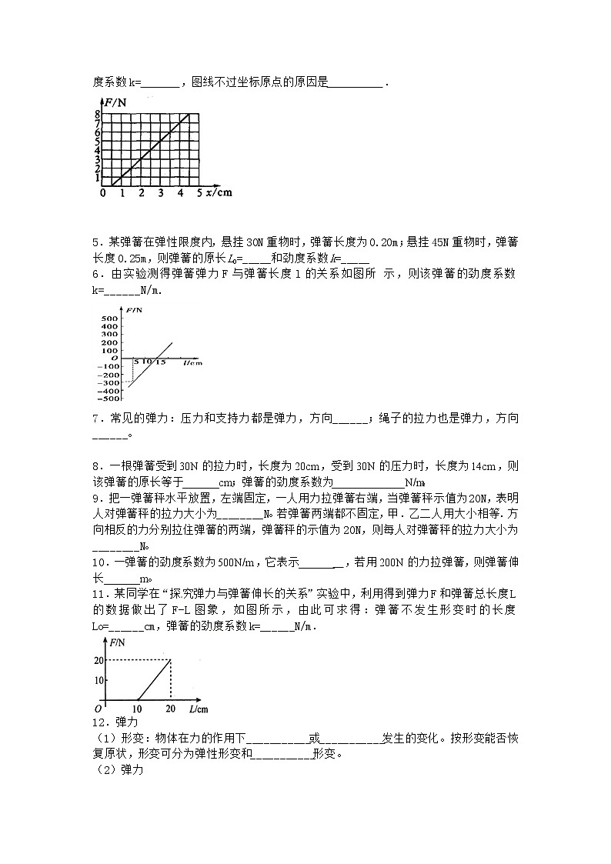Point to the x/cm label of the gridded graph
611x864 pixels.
point(219,192)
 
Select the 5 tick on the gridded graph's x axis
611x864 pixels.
point(199,192)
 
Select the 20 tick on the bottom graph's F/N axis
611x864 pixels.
point(98,660)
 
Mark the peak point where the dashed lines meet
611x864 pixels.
point(170,659)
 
